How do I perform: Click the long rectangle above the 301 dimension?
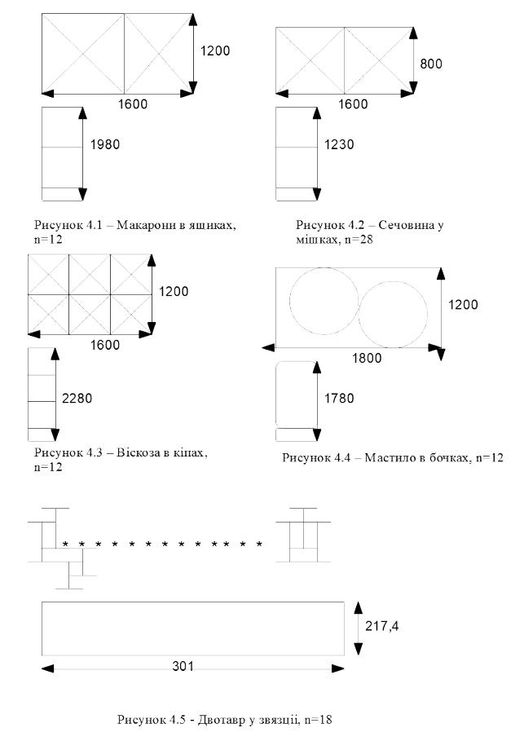point(192,628)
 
